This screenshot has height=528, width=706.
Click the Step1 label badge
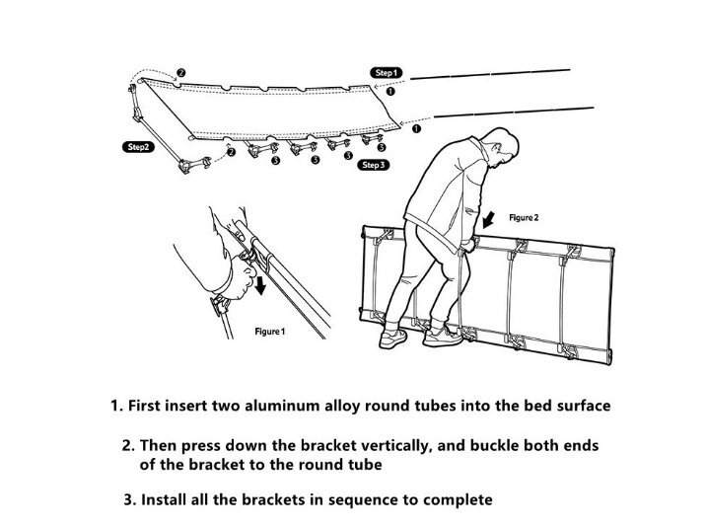(x=385, y=73)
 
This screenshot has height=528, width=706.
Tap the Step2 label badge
(x=135, y=146)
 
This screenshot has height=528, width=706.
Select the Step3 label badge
(x=374, y=166)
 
